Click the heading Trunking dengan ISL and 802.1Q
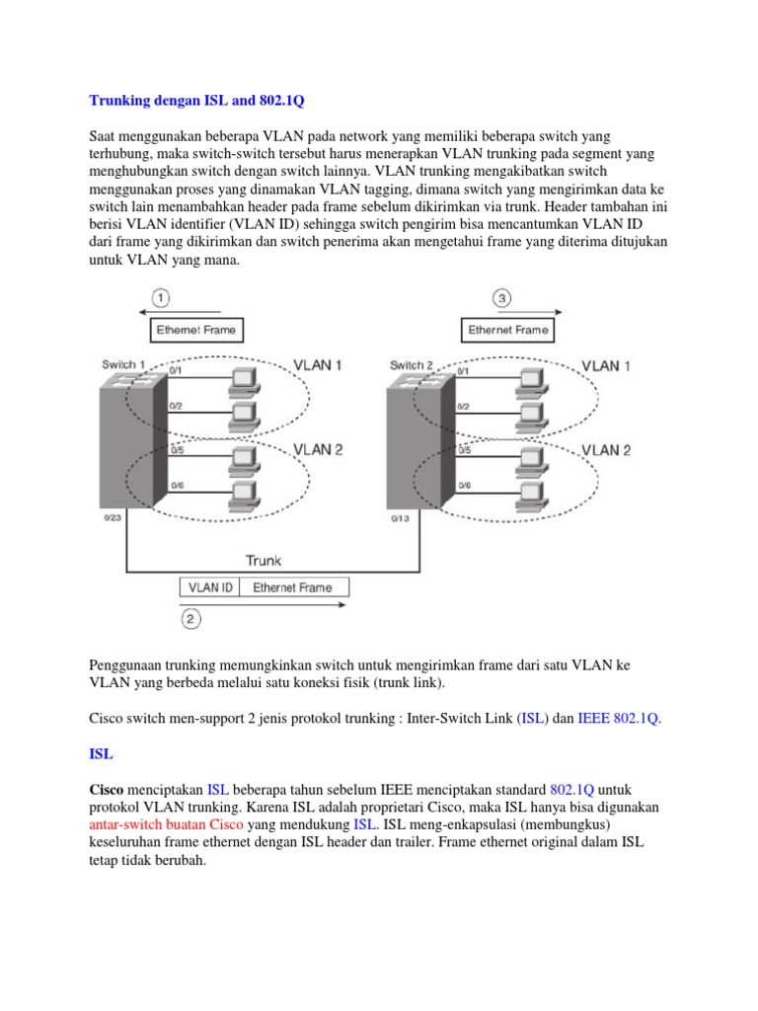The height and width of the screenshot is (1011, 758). click(204, 100)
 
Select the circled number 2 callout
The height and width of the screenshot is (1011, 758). click(190, 619)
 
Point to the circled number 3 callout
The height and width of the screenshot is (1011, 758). click(501, 297)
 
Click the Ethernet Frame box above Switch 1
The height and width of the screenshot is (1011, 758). click(196, 330)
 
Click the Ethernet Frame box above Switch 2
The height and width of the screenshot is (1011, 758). click(508, 330)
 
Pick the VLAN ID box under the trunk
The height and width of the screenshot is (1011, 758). click(209, 587)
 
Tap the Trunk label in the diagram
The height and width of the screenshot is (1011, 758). click(264, 560)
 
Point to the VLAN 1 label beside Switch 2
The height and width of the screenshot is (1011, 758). click(606, 365)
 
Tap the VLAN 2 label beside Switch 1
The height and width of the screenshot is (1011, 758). click(318, 449)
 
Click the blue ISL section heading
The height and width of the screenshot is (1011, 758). click(101, 753)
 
